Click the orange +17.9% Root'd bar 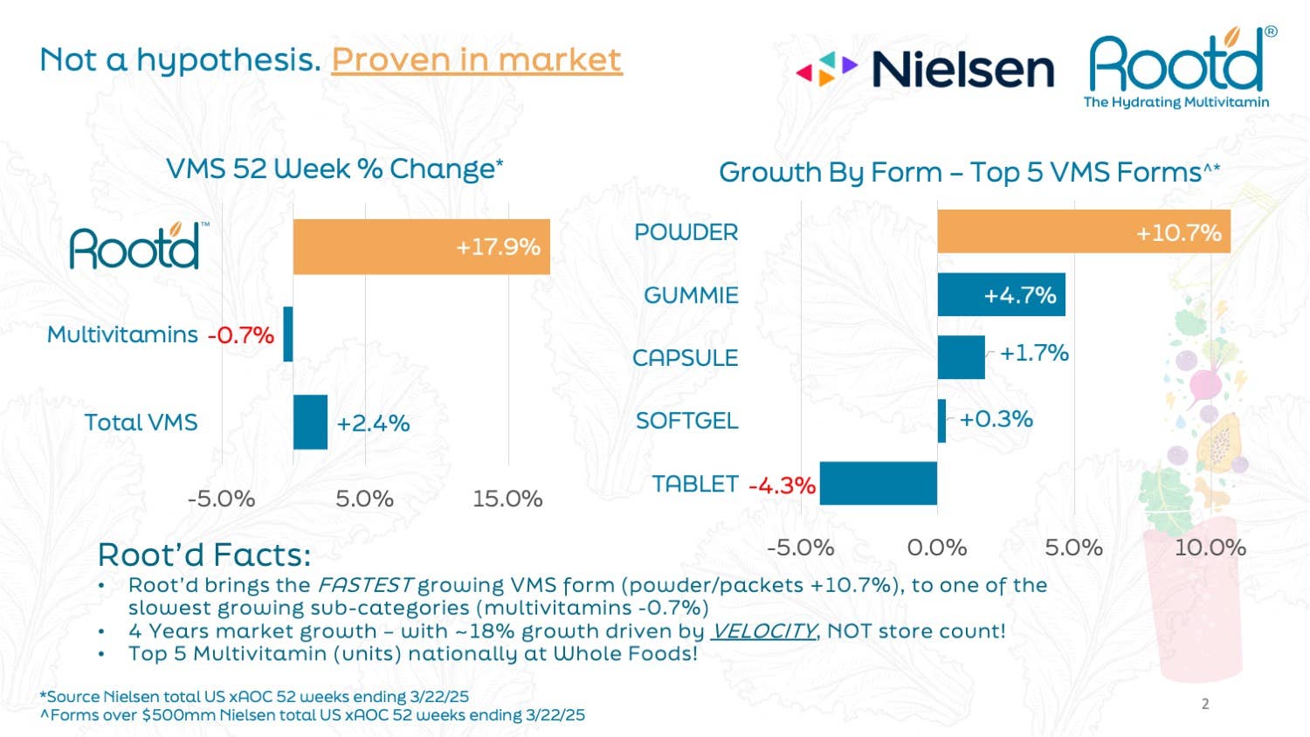421,247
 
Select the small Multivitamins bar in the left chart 288,334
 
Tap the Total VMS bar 310,422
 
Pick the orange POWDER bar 1083,232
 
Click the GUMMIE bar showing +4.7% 1001,295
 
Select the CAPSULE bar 961,357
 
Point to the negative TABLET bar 878,484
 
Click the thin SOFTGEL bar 941,421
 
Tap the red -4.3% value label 782,486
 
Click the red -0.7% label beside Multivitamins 241,335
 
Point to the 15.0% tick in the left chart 507,499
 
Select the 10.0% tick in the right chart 1210,548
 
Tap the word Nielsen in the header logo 962,70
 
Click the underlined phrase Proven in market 477,59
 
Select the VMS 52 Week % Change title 334,169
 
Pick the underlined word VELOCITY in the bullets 763,630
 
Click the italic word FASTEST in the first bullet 365,585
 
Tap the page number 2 1205,704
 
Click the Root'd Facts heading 204,555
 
